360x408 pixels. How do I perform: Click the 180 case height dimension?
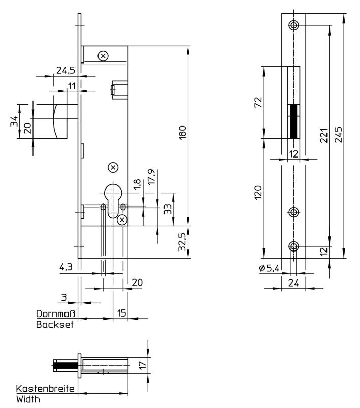coord(183,132)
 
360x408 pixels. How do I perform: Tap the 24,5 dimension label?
coord(66,70)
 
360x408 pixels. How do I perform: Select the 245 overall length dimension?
coord(338,135)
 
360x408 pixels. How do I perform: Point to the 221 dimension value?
coord(324,135)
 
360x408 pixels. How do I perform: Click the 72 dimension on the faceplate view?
coord(258,102)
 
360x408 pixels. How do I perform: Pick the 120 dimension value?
coord(258,193)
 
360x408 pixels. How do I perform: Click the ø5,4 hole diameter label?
coord(270,268)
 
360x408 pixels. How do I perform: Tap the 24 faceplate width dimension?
coord(293,283)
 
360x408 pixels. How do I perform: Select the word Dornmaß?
coord(55,313)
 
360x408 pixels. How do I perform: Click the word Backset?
coord(55,325)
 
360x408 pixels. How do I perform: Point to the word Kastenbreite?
coord(45,389)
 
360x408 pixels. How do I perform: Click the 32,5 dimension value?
coord(182,242)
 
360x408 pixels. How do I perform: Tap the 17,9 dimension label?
coord(151,177)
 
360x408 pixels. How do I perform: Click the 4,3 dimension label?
coord(66,267)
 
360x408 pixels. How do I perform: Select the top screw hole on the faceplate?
coord(293,25)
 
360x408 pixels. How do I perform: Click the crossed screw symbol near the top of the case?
coord(103,56)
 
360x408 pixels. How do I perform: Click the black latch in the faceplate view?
coord(293,121)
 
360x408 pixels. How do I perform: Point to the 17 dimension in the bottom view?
coord(142,365)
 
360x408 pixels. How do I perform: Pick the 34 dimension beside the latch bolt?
coord(14,121)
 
